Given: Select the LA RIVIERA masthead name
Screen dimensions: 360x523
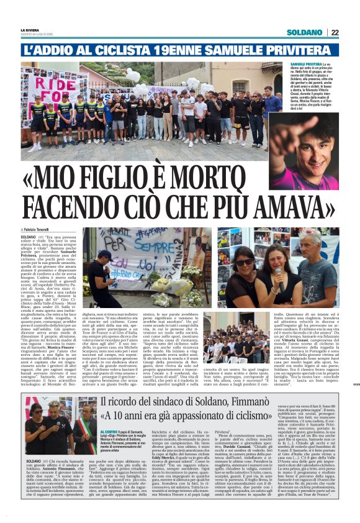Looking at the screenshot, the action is [x=29, y=30].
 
